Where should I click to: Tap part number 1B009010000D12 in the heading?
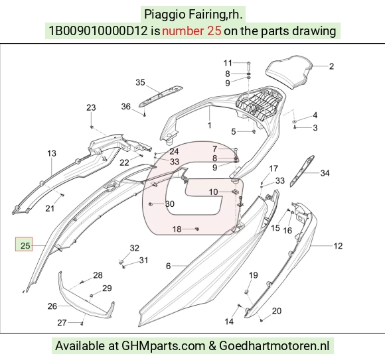pos(98,31)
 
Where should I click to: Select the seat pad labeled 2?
pos(289,72)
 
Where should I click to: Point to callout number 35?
pos(140,82)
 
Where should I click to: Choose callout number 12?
pos(338,246)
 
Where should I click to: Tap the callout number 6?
pos(168,266)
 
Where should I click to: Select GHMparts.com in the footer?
pos(163,346)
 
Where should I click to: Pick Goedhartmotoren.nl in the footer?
pos(274,346)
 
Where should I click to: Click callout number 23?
pos(91,107)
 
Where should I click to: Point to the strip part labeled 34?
pos(302,171)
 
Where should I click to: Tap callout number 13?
pos(52,154)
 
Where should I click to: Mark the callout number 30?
pos(170,204)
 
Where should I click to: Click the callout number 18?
pos(177,229)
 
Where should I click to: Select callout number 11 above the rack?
pos(228,63)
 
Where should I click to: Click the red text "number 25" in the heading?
pos(192,31)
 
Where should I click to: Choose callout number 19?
pos(254,275)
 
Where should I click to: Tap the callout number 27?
pos(62,323)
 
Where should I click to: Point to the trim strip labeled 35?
pos(161,96)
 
